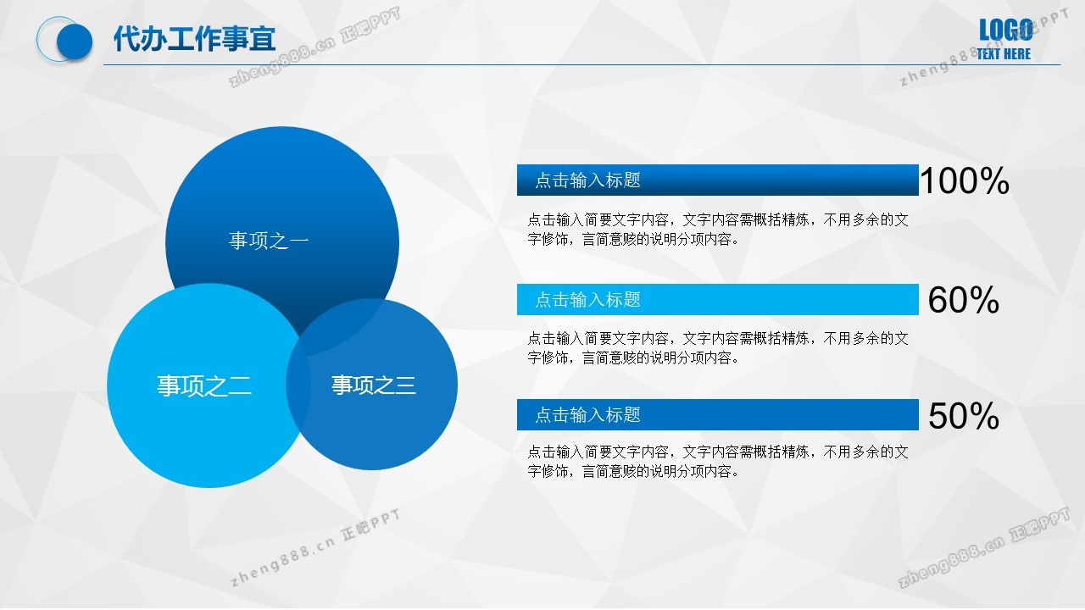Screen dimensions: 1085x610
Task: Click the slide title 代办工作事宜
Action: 194,39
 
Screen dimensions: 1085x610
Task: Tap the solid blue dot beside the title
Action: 75,42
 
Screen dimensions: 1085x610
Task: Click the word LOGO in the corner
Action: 1005,30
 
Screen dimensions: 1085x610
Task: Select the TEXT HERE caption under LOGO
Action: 1004,53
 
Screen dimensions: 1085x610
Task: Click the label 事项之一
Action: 269,241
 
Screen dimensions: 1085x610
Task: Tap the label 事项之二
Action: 204,385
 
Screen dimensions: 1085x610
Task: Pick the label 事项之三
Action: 374,385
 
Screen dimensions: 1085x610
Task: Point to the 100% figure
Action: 965,180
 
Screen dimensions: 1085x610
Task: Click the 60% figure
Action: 964,300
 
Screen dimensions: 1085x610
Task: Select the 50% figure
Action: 964,415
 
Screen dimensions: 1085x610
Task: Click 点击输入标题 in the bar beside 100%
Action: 587,180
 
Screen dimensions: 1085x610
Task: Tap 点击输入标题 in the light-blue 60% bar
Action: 587,300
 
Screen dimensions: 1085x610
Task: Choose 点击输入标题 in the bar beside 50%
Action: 587,415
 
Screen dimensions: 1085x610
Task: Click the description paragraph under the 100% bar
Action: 718,230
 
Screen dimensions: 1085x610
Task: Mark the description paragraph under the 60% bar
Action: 718,348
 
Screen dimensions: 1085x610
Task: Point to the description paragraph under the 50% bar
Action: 718,462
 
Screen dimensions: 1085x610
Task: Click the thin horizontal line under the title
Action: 581,64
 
